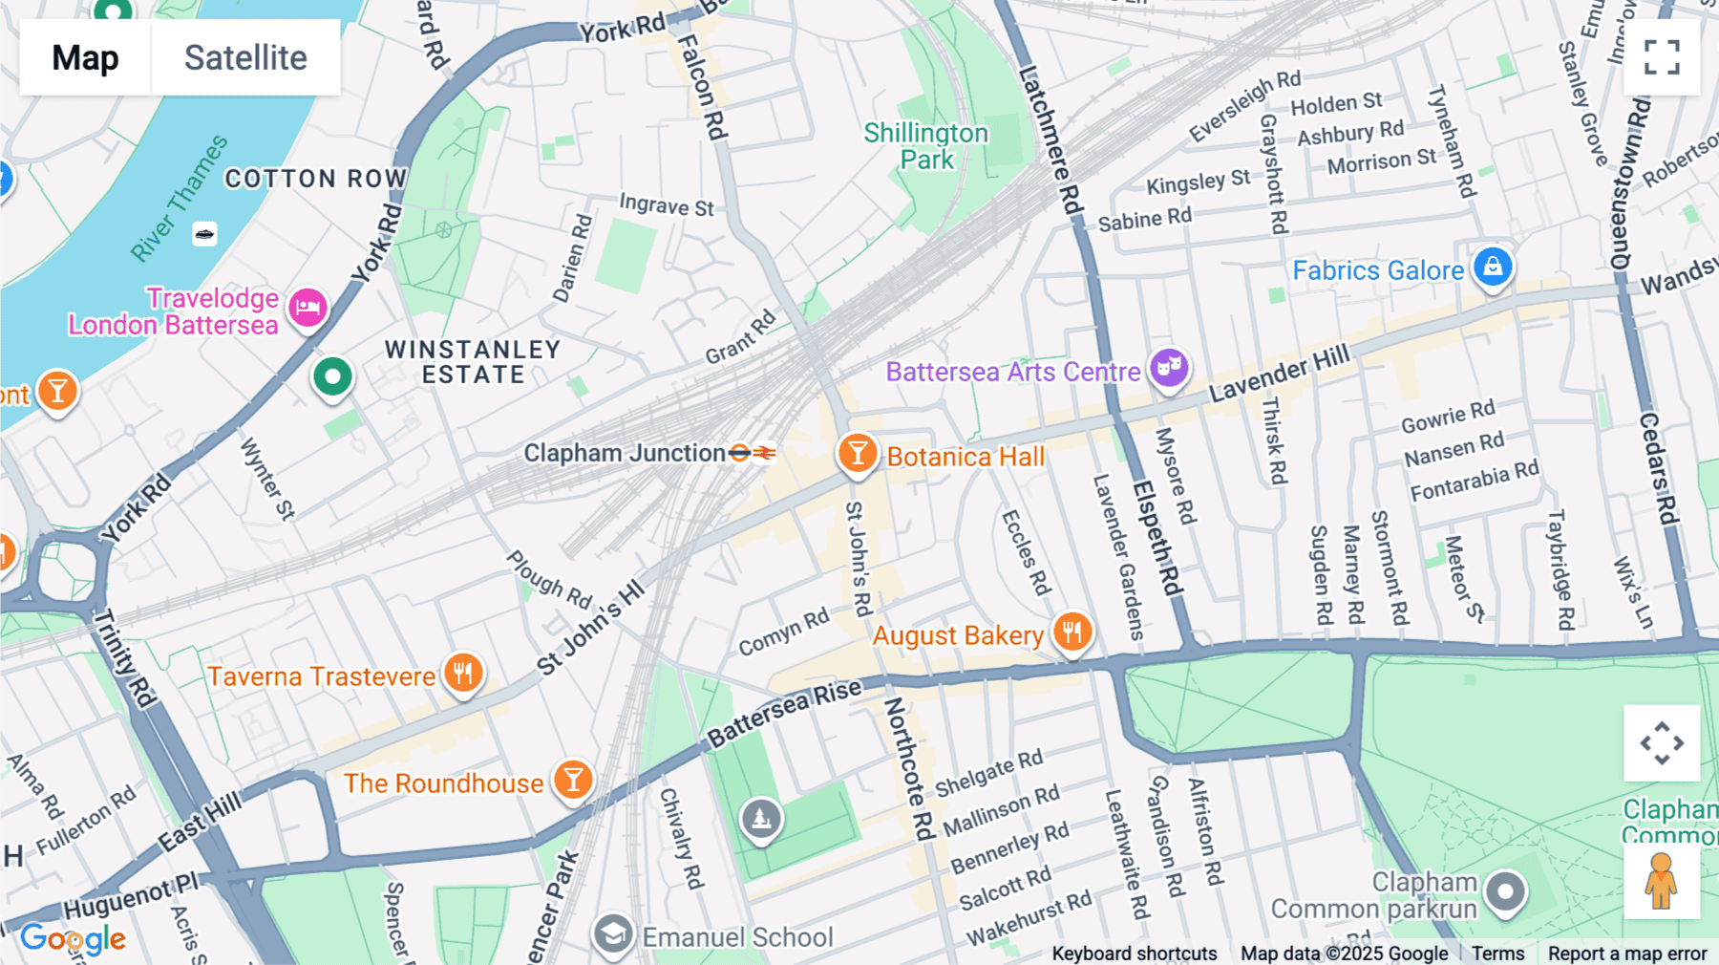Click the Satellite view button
[x=245, y=57]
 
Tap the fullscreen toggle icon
[x=1662, y=57]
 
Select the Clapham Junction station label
[x=625, y=453]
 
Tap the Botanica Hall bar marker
[x=858, y=453]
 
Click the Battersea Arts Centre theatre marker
[x=1169, y=367]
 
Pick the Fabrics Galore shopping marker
[x=1493, y=267]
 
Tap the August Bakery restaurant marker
[x=1072, y=632]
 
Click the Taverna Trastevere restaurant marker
[x=463, y=673]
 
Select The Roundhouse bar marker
[x=573, y=780]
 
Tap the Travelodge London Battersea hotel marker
[x=308, y=308]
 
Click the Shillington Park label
[x=925, y=146]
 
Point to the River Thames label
[x=180, y=198]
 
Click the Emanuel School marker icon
[x=613, y=934]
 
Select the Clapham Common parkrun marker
[x=1506, y=892]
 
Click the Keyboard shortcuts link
[x=1134, y=954]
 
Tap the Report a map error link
[x=1627, y=954]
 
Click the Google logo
[x=73, y=939]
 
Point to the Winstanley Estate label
[x=473, y=362]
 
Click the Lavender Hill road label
[x=1280, y=374]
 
